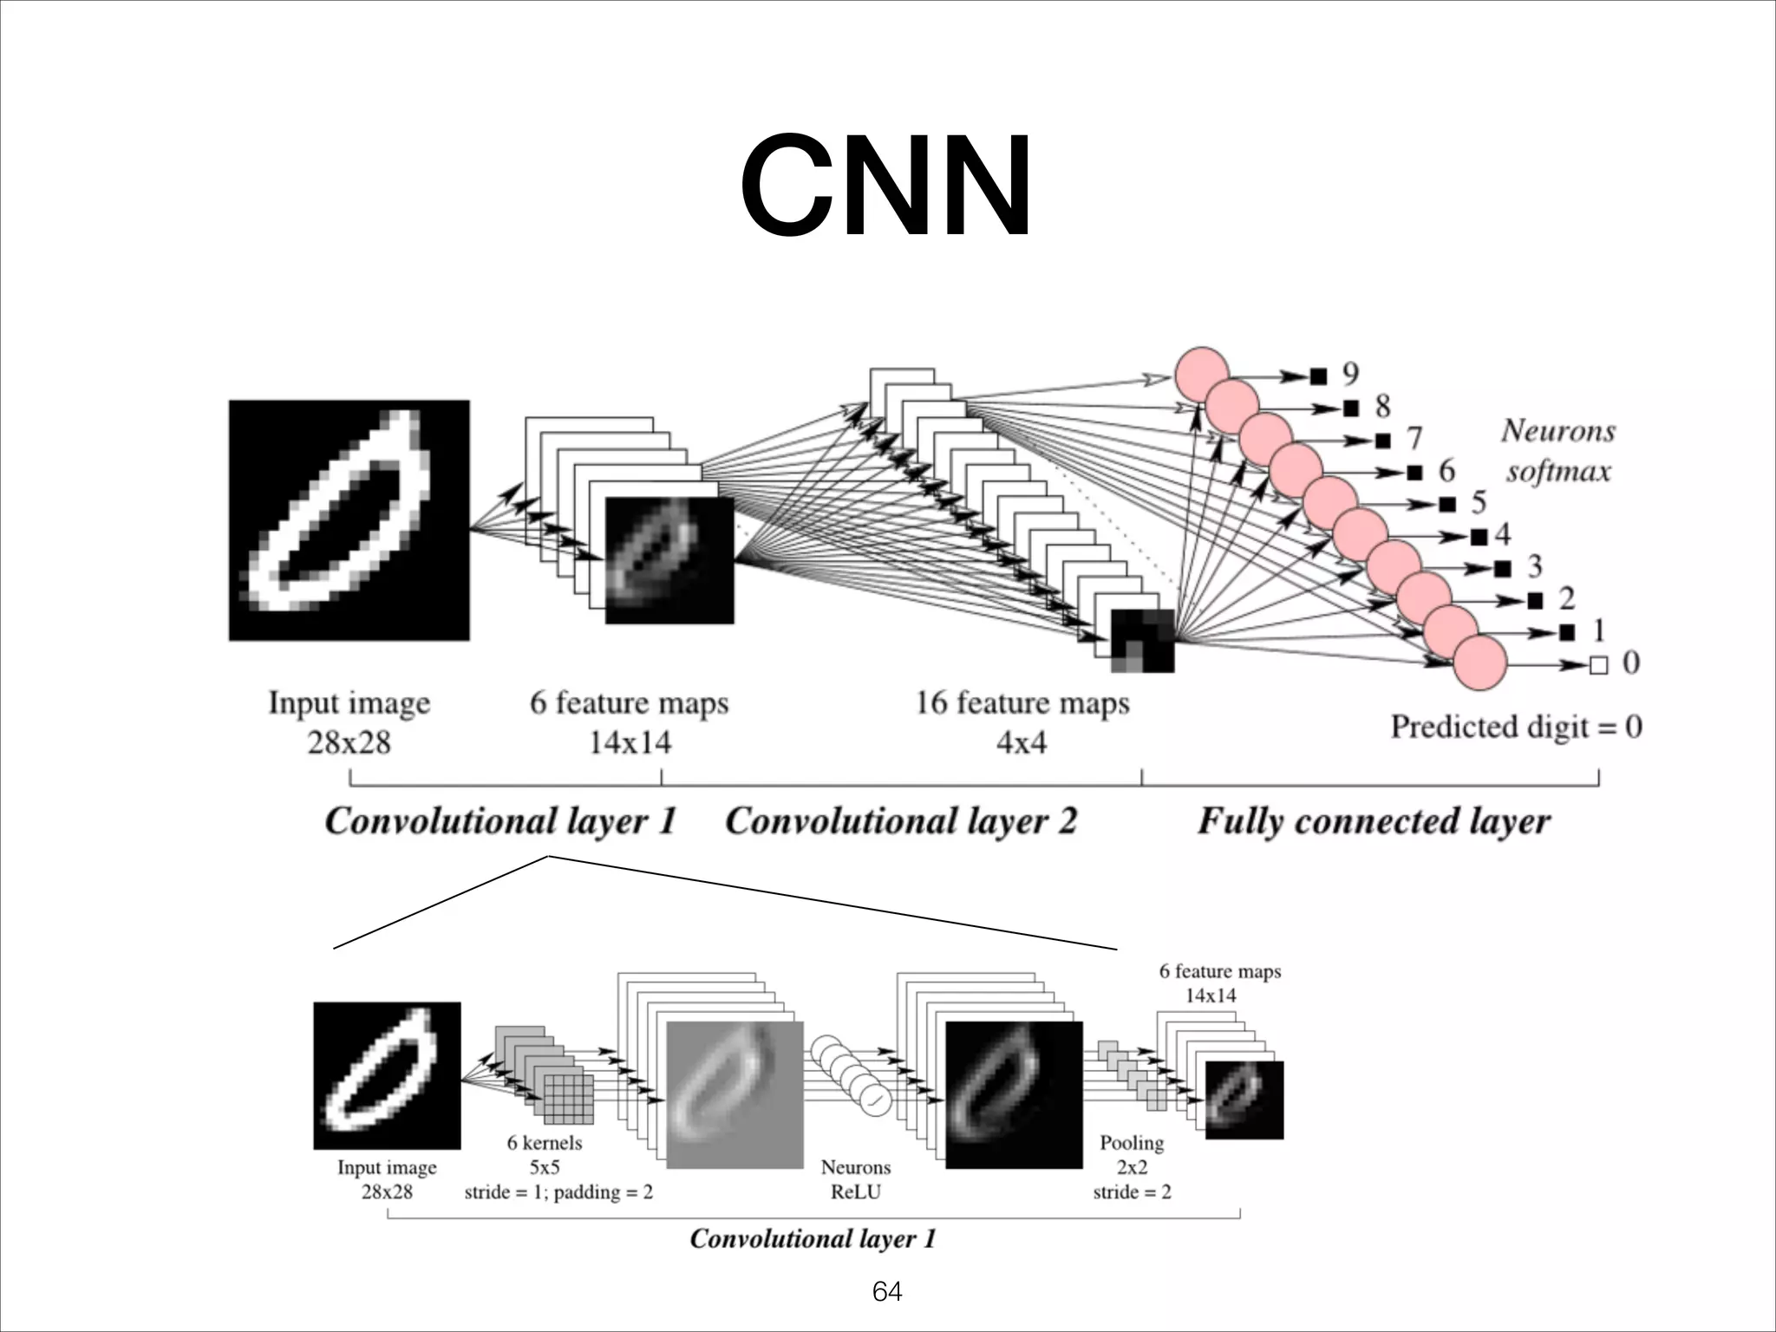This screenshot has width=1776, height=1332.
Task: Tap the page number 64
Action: (x=886, y=1291)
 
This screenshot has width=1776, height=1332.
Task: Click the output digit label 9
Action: (x=1350, y=374)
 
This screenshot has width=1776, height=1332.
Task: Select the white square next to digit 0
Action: (x=1598, y=665)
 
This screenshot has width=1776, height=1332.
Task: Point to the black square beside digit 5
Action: (x=1446, y=504)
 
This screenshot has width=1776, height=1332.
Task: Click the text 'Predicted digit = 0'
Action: (x=1516, y=727)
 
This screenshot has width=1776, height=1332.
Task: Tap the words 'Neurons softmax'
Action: (x=1557, y=451)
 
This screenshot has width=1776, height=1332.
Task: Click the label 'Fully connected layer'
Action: (x=1374, y=820)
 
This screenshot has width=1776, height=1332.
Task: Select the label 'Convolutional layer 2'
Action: (x=900, y=820)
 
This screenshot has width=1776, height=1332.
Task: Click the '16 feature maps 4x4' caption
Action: (x=1022, y=721)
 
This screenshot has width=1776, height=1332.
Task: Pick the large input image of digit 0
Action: (x=349, y=520)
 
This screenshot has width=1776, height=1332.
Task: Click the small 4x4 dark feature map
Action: (x=1143, y=641)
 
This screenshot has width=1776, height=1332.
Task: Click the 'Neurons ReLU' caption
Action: (x=855, y=1179)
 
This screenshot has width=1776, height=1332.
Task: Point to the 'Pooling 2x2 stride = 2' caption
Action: (x=1132, y=1166)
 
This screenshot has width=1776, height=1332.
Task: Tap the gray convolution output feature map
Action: (x=735, y=1094)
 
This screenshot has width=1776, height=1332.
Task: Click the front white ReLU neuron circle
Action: (x=875, y=1100)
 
